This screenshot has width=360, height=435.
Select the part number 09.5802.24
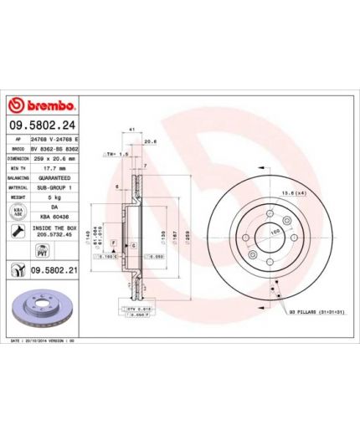(42, 125)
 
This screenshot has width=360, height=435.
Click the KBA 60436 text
(54, 217)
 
